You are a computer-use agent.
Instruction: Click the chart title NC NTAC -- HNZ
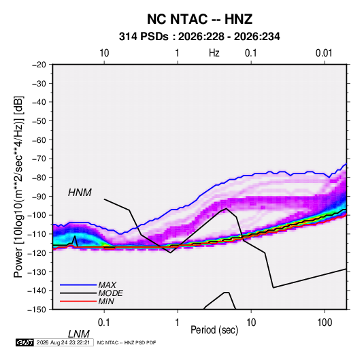click(x=199, y=19)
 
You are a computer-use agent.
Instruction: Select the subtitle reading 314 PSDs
click(x=144, y=37)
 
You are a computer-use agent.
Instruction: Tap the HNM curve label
click(x=80, y=193)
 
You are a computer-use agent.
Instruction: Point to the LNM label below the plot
click(x=78, y=334)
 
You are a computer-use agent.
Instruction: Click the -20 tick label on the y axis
click(x=39, y=65)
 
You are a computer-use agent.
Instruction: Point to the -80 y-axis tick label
click(x=39, y=178)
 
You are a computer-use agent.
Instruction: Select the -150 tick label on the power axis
click(x=37, y=310)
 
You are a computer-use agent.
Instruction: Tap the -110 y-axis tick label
click(x=37, y=234)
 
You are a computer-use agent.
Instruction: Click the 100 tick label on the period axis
click(x=325, y=323)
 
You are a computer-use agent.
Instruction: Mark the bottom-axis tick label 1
click(x=178, y=323)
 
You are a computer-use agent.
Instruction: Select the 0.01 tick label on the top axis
click(x=324, y=53)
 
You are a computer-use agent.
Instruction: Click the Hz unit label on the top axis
click(x=214, y=53)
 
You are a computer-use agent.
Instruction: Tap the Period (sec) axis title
click(x=214, y=330)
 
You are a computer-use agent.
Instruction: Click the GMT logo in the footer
click(x=24, y=342)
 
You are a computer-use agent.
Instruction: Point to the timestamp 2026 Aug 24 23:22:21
click(x=63, y=342)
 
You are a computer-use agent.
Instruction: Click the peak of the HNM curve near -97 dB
click(x=227, y=208)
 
